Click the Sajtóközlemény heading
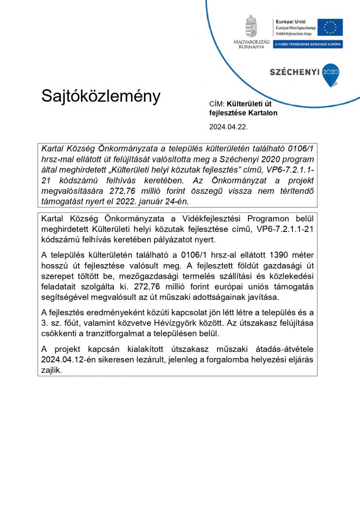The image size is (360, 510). coord(101,96)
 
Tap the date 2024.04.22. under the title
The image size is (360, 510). coord(228,127)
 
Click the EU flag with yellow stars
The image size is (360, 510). coord(330,27)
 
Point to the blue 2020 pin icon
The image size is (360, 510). coord(330,74)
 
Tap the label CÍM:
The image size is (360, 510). coord(217,104)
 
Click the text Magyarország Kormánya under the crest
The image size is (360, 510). coord(251,45)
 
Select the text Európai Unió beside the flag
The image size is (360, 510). coord(286,22)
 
